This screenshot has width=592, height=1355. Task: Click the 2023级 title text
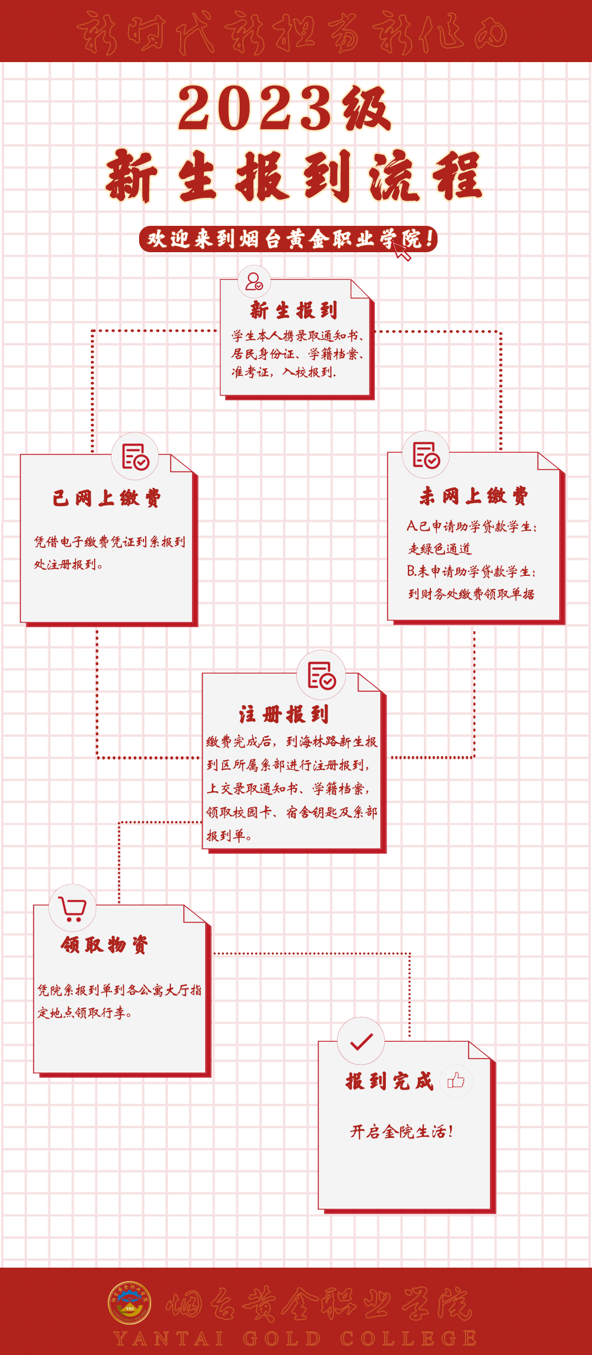(x=284, y=108)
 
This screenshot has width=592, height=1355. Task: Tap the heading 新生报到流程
(x=294, y=176)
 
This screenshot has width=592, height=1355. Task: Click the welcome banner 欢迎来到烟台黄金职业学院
(x=287, y=239)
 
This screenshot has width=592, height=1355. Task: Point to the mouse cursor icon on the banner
(x=402, y=252)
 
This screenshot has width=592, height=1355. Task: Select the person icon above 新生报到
(x=254, y=282)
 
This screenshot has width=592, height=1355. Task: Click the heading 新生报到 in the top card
(x=294, y=310)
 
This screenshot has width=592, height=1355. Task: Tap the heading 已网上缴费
(x=107, y=498)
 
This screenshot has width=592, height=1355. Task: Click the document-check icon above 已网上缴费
(x=135, y=457)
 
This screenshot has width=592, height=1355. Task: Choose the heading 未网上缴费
(x=474, y=496)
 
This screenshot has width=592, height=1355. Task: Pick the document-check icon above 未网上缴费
(x=426, y=455)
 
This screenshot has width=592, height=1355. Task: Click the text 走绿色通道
(x=440, y=549)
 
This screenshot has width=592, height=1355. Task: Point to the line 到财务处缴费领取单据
(x=471, y=594)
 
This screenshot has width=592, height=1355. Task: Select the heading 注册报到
(x=284, y=714)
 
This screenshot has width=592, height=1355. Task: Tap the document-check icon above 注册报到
(x=322, y=675)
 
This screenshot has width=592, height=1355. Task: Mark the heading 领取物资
(x=104, y=945)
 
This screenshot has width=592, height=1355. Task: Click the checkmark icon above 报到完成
(x=361, y=1041)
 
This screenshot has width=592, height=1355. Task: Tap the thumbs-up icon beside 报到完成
(x=456, y=1081)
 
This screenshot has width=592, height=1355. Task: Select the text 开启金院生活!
(x=402, y=1131)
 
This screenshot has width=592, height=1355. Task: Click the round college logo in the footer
(x=130, y=1303)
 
